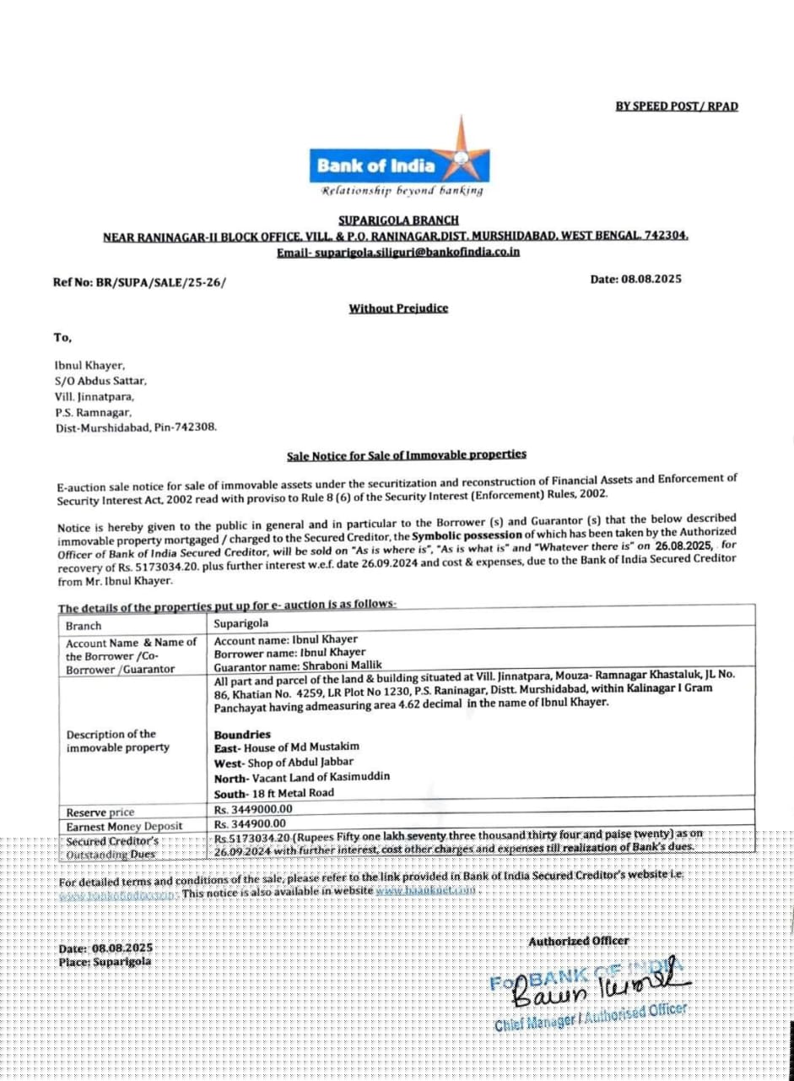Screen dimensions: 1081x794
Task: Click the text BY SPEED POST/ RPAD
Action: (x=677, y=106)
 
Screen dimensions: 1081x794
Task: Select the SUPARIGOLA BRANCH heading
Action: (x=398, y=220)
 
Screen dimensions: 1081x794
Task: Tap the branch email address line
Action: (x=398, y=252)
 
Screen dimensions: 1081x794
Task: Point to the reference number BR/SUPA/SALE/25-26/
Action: (x=140, y=284)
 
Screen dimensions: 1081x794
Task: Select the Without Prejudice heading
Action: (x=398, y=308)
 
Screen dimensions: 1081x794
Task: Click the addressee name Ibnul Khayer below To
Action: (x=89, y=366)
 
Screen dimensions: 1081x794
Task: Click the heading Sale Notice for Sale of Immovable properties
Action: (x=407, y=455)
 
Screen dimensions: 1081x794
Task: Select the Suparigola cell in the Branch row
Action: (x=241, y=625)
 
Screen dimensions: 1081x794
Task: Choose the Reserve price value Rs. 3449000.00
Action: (x=251, y=810)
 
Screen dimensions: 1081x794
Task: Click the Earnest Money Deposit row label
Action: (x=124, y=826)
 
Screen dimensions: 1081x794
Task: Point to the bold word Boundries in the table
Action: (x=242, y=735)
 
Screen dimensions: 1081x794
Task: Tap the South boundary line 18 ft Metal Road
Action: (x=274, y=792)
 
